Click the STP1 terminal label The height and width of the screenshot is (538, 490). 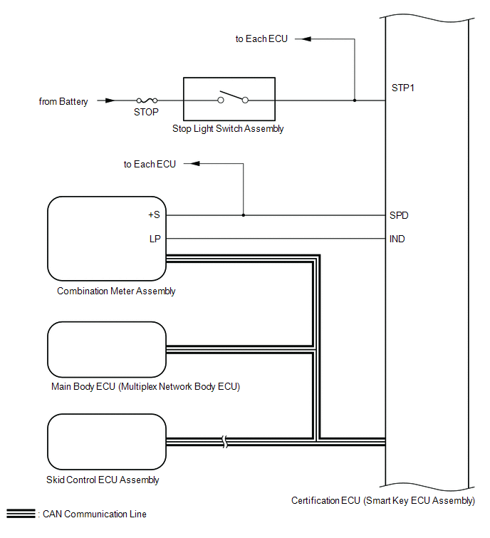403,89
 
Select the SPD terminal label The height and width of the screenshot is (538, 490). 400,215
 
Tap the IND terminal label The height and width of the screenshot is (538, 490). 397,239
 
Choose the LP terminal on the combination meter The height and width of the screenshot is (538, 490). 155,239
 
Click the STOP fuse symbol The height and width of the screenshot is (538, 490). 146,101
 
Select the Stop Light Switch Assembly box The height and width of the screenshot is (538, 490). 229,99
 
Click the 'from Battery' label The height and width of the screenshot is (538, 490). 63,102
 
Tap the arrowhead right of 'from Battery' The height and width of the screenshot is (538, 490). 109,101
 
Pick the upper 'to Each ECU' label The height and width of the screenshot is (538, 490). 261,38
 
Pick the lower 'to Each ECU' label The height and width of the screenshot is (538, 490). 150,165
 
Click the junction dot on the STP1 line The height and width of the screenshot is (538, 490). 354,100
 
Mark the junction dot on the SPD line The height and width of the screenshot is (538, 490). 243,215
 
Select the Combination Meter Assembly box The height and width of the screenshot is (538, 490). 106,239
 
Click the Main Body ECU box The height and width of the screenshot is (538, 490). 106,349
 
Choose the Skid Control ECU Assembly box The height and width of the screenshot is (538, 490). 106,442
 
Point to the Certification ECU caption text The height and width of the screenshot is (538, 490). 382,501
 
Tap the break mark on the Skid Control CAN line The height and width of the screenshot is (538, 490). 224,442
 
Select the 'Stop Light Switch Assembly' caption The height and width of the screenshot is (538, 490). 228,129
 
